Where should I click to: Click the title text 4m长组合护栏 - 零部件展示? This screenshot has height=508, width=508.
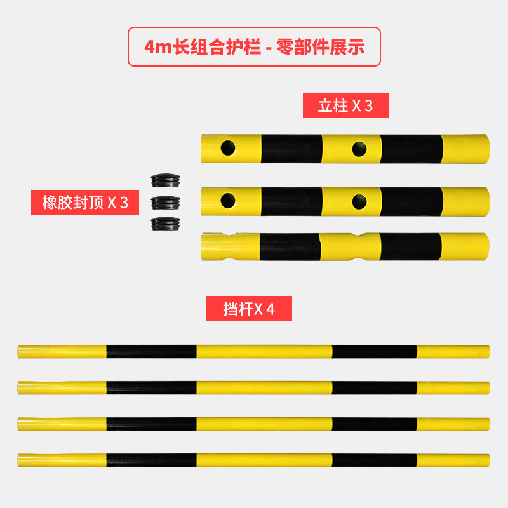(254, 47)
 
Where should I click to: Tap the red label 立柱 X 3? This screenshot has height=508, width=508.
(345, 105)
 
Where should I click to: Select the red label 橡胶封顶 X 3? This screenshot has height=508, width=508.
(85, 203)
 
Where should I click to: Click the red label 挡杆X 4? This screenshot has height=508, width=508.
(249, 309)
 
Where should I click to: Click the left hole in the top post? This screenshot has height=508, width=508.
(228, 149)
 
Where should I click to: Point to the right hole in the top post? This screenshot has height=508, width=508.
(359, 149)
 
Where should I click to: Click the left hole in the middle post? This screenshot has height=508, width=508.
(228, 201)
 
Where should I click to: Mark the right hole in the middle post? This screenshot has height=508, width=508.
(359, 201)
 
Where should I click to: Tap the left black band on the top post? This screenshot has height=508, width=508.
(291, 149)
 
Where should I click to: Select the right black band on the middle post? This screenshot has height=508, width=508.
(411, 201)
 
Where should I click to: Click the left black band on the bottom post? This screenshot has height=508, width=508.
(290, 247)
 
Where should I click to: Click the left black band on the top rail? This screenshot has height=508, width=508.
(151, 352)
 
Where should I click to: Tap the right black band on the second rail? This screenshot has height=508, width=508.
(375, 387)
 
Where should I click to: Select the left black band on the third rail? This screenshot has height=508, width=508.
(151, 424)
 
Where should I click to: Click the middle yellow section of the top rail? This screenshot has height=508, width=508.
(264, 352)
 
